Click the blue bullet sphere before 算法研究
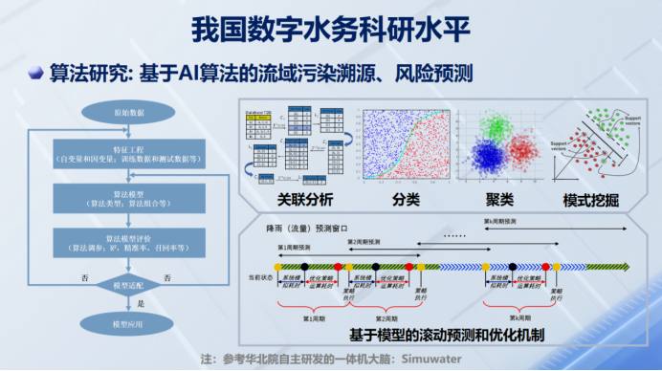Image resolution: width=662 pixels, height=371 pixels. tap(34, 73)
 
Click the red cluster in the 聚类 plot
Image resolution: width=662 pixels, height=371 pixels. tap(524, 153)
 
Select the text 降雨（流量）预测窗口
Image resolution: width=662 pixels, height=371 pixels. tap(298, 230)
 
